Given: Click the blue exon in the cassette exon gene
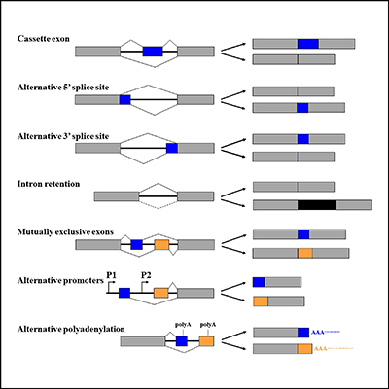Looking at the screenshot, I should click(153, 51).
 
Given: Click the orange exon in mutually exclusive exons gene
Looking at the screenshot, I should click(161, 244).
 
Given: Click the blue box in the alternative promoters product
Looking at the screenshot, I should click(259, 282).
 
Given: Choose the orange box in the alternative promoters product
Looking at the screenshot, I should click(260, 301).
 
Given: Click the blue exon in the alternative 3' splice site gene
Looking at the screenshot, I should click(172, 148).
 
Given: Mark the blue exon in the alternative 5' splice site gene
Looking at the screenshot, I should click(124, 99).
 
